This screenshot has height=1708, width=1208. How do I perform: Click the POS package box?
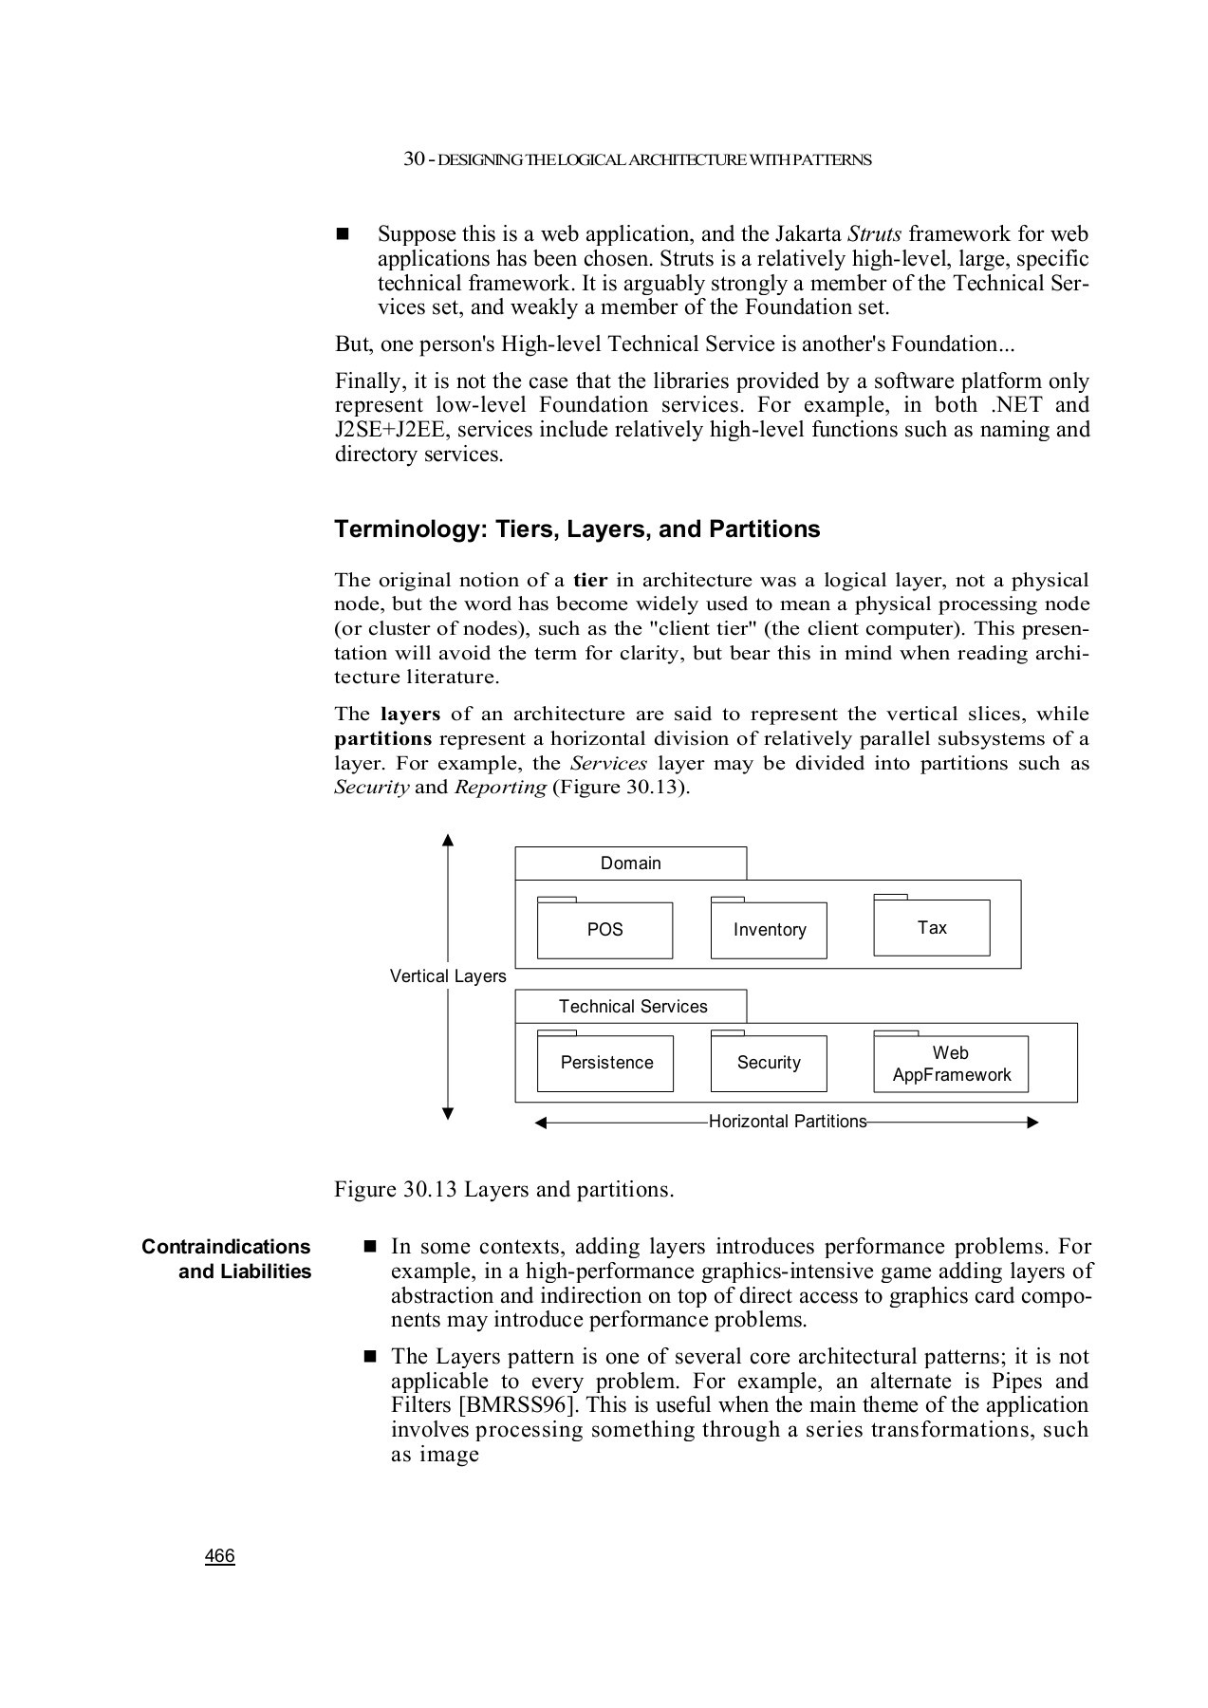click(604, 930)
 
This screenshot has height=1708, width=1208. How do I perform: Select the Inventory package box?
click(769, 930)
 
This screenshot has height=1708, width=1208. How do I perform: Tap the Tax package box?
click(932, 927)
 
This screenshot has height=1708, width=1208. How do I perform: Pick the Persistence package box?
click(605, 1063)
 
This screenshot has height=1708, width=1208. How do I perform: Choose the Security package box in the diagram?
click(769, 1063)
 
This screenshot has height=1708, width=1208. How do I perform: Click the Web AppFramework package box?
click(951, 1064)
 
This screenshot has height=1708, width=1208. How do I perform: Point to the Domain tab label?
click(630, 863)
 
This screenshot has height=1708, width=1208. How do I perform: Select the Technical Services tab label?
click(633, 1007)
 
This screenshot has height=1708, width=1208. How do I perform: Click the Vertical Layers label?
click(448, 976)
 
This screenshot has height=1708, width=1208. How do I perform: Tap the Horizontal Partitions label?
click(788, 1122)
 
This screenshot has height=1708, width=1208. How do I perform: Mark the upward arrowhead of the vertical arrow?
click(448, 839)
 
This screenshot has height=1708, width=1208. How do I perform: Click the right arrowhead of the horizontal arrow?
click(1033, 1123)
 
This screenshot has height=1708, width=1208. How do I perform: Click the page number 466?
click(220, 1556)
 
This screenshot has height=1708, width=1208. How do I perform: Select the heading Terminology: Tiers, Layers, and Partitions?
click(577, 529)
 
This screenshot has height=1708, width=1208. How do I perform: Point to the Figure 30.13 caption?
click(504, 1190)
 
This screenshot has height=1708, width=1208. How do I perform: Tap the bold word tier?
click(590, 580)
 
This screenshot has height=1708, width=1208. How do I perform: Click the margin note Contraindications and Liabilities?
click(227, 1259)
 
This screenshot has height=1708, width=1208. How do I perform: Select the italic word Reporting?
click(500, 788)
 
